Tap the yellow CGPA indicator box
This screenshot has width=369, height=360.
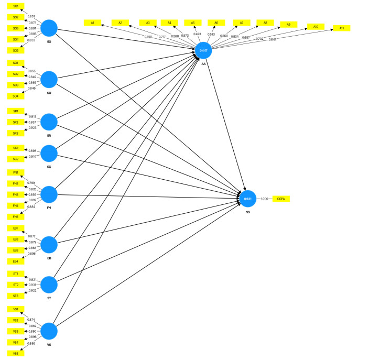[x=280, y=199]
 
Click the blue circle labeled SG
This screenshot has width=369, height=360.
[x=49, y=28]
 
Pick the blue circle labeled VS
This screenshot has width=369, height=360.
[x=49, y=331]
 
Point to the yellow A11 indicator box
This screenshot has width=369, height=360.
[x=342, y=28]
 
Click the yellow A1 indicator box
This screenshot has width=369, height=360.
[x=92, y=23]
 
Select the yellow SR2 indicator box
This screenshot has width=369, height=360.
[x=16, y=122]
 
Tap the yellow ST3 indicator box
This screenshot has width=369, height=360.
[x=16, y=296]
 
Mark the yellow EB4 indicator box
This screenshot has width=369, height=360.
[x=16, y=261]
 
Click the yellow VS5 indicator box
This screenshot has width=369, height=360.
[x=16, y=354]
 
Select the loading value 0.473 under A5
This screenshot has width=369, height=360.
[x=197, y=34]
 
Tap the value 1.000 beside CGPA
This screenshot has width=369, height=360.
[x=264, y=199]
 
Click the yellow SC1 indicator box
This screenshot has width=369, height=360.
[x=16, y=148]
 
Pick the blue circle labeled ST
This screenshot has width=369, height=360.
[x=49, y=285]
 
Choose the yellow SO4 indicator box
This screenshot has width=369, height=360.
[x=16, y=96]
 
